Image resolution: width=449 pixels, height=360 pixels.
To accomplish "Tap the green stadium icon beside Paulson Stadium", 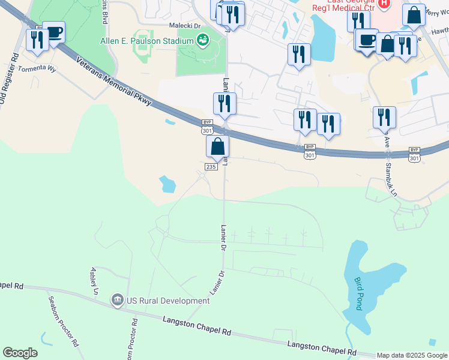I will click(202, 40).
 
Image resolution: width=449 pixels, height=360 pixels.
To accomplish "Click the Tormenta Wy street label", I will click(37, 68).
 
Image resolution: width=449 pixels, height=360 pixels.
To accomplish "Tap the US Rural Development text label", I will click(167, 301).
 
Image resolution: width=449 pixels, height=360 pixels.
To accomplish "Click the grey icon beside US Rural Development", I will click(117, 299).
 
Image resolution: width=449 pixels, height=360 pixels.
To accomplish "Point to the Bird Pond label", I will click(358, 293).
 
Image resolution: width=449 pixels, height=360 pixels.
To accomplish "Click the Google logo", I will click(20, 353).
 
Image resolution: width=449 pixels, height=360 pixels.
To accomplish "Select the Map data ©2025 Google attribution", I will click(412, 355).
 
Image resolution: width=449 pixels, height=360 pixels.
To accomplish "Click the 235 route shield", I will click(211, 166).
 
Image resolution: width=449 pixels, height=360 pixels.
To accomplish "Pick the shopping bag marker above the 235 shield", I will click(217, 146).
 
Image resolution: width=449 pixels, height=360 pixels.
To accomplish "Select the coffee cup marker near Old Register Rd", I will click(54, 32).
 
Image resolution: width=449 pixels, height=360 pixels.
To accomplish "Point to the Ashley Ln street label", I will click(94, 281).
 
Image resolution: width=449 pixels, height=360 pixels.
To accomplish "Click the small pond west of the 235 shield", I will click(167, 184).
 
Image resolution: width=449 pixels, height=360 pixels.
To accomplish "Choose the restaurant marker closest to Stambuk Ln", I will click(384, 117).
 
